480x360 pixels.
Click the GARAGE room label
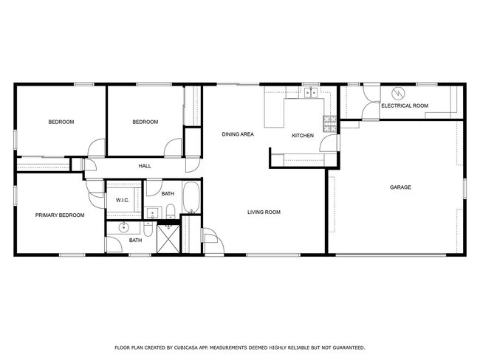pyautogui.click(x=400, y=187)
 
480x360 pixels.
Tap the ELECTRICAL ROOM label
pyautogui.click(x=404, y=106)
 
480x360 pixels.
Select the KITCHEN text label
pyautogui.click(x=303, y=136)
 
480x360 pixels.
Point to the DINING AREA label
pyautogui.click(x=238, y=134)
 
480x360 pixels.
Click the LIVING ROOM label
pyautogui.click(x=264, y=212)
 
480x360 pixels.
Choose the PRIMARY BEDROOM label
pyautogui.click(x=60, y=215)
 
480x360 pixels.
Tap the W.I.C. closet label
pyautogui.click(x=122, y=201)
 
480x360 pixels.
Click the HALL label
pyautogui.click(x=145, y=166)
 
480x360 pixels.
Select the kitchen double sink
pyautogui.click(x=313, y=94)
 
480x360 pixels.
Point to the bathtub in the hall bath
pyautogui.click(x=191, y=197)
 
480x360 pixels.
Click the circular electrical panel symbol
pyautogui.click(x=398, y=94)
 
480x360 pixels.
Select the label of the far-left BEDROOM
pyautogui.click(x=61, y=122)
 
